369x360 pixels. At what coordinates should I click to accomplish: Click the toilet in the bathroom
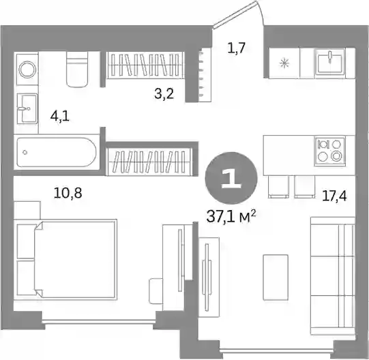point(77,69)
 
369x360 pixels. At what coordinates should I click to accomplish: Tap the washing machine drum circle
point(28,70)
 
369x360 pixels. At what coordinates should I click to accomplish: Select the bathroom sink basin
point(27,108)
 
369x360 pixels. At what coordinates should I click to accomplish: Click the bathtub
point(57,152)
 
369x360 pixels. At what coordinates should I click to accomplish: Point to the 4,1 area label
point(60,117)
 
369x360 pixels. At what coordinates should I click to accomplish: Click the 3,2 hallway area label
point(164,93)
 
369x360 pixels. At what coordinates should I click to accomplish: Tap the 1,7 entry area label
point(237,48)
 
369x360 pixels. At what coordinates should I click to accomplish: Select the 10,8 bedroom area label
point(68,193)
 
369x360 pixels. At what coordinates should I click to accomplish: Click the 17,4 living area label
point(334,196)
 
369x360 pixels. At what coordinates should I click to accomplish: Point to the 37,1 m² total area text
point(231,217)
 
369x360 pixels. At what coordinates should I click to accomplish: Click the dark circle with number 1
point(231,178)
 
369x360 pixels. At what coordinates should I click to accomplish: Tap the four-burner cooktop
point(329,152)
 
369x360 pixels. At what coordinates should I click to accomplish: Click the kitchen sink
point(330,61)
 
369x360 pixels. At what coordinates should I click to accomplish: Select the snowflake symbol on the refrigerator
point(284,63)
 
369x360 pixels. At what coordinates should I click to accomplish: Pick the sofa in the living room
point(333,275)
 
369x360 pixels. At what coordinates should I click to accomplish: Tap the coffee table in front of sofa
point(276,277)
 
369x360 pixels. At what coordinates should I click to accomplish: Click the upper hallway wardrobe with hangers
point(145,65)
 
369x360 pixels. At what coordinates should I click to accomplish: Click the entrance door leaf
point(235,14)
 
